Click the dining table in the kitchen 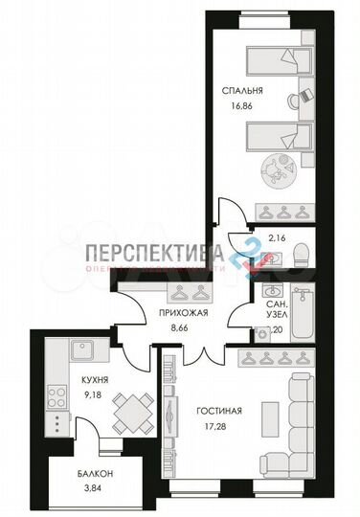(x=127, y=416)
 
